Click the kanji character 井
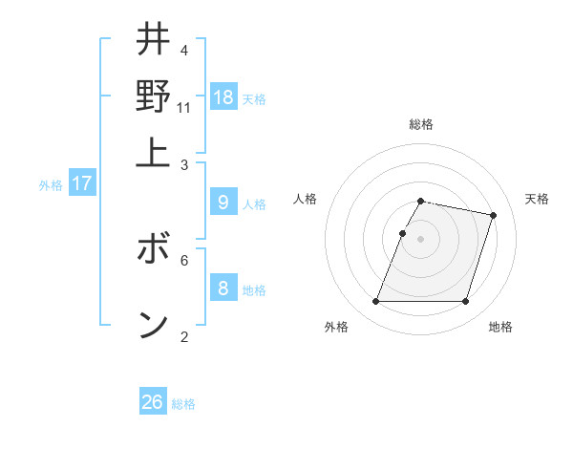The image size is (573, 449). (153, 40)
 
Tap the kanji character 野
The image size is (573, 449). (153, 96)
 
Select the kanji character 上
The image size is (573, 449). (153, 151)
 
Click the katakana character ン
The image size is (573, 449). (153, 325)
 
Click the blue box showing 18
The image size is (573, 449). (223, 97)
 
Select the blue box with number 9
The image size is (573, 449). (223, 202)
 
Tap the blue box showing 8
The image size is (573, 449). (223, 288)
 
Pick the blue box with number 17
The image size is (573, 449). (82, 182)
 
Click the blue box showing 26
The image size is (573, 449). (153, 402)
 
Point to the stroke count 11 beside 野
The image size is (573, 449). (184, 108)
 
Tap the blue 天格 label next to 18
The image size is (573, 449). (254, 99)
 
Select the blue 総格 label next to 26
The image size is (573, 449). (183, 404)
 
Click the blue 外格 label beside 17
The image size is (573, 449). (51, 185)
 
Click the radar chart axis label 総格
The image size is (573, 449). (421, 124)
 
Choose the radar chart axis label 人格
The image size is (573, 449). (306, 199)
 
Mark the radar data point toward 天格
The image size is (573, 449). (494, 215)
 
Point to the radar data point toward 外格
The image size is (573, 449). (375, 302)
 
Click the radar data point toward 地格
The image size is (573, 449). (466, 302)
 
